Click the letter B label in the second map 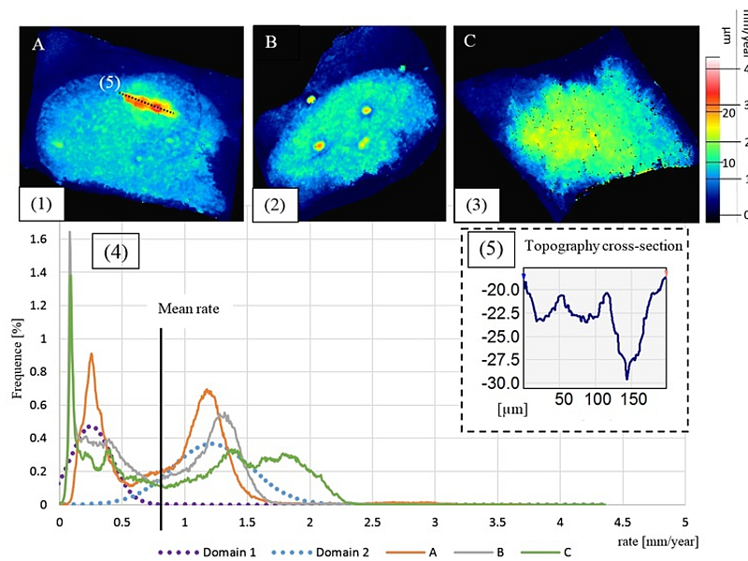(x=272, y=42)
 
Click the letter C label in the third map (x=469, y=42)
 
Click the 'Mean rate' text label (x=188, y=309)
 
